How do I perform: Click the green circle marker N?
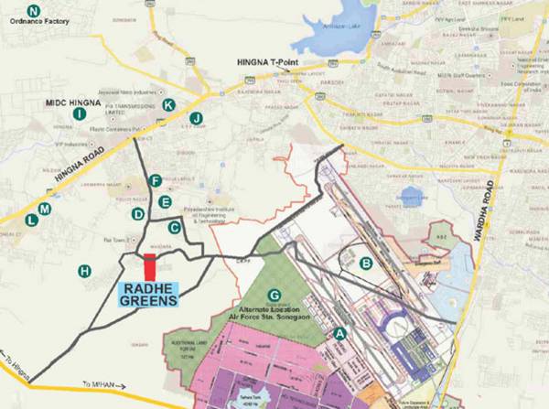coord(34,10)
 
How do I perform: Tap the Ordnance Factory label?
coord(38,24)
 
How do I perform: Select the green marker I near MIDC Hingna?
coord(80,113)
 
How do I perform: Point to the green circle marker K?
coord(168,105)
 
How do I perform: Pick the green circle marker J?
coord(196,118)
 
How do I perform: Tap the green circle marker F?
coord(156,180)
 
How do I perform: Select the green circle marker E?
coord(165,201)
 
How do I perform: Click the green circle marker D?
coord(138,214)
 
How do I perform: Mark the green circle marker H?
coord(84,270)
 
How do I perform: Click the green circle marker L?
coord(32,220)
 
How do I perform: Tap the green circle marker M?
coord(45,210)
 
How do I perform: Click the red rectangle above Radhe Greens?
coord(150,269)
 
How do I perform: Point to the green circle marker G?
coord(274,295)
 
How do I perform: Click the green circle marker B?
coord(366,264)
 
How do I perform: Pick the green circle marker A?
coord(340,333)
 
